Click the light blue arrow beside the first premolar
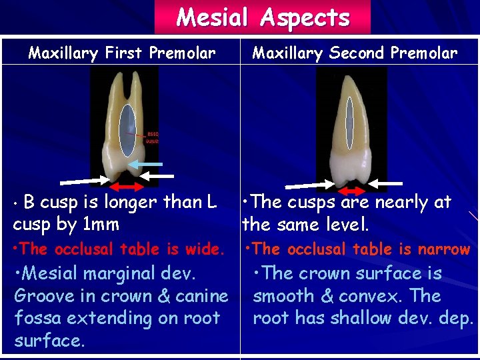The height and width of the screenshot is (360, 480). pyautogui.click(x=145, y=163)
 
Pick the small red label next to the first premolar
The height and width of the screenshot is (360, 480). pyautogui.click(x=152, y=137)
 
